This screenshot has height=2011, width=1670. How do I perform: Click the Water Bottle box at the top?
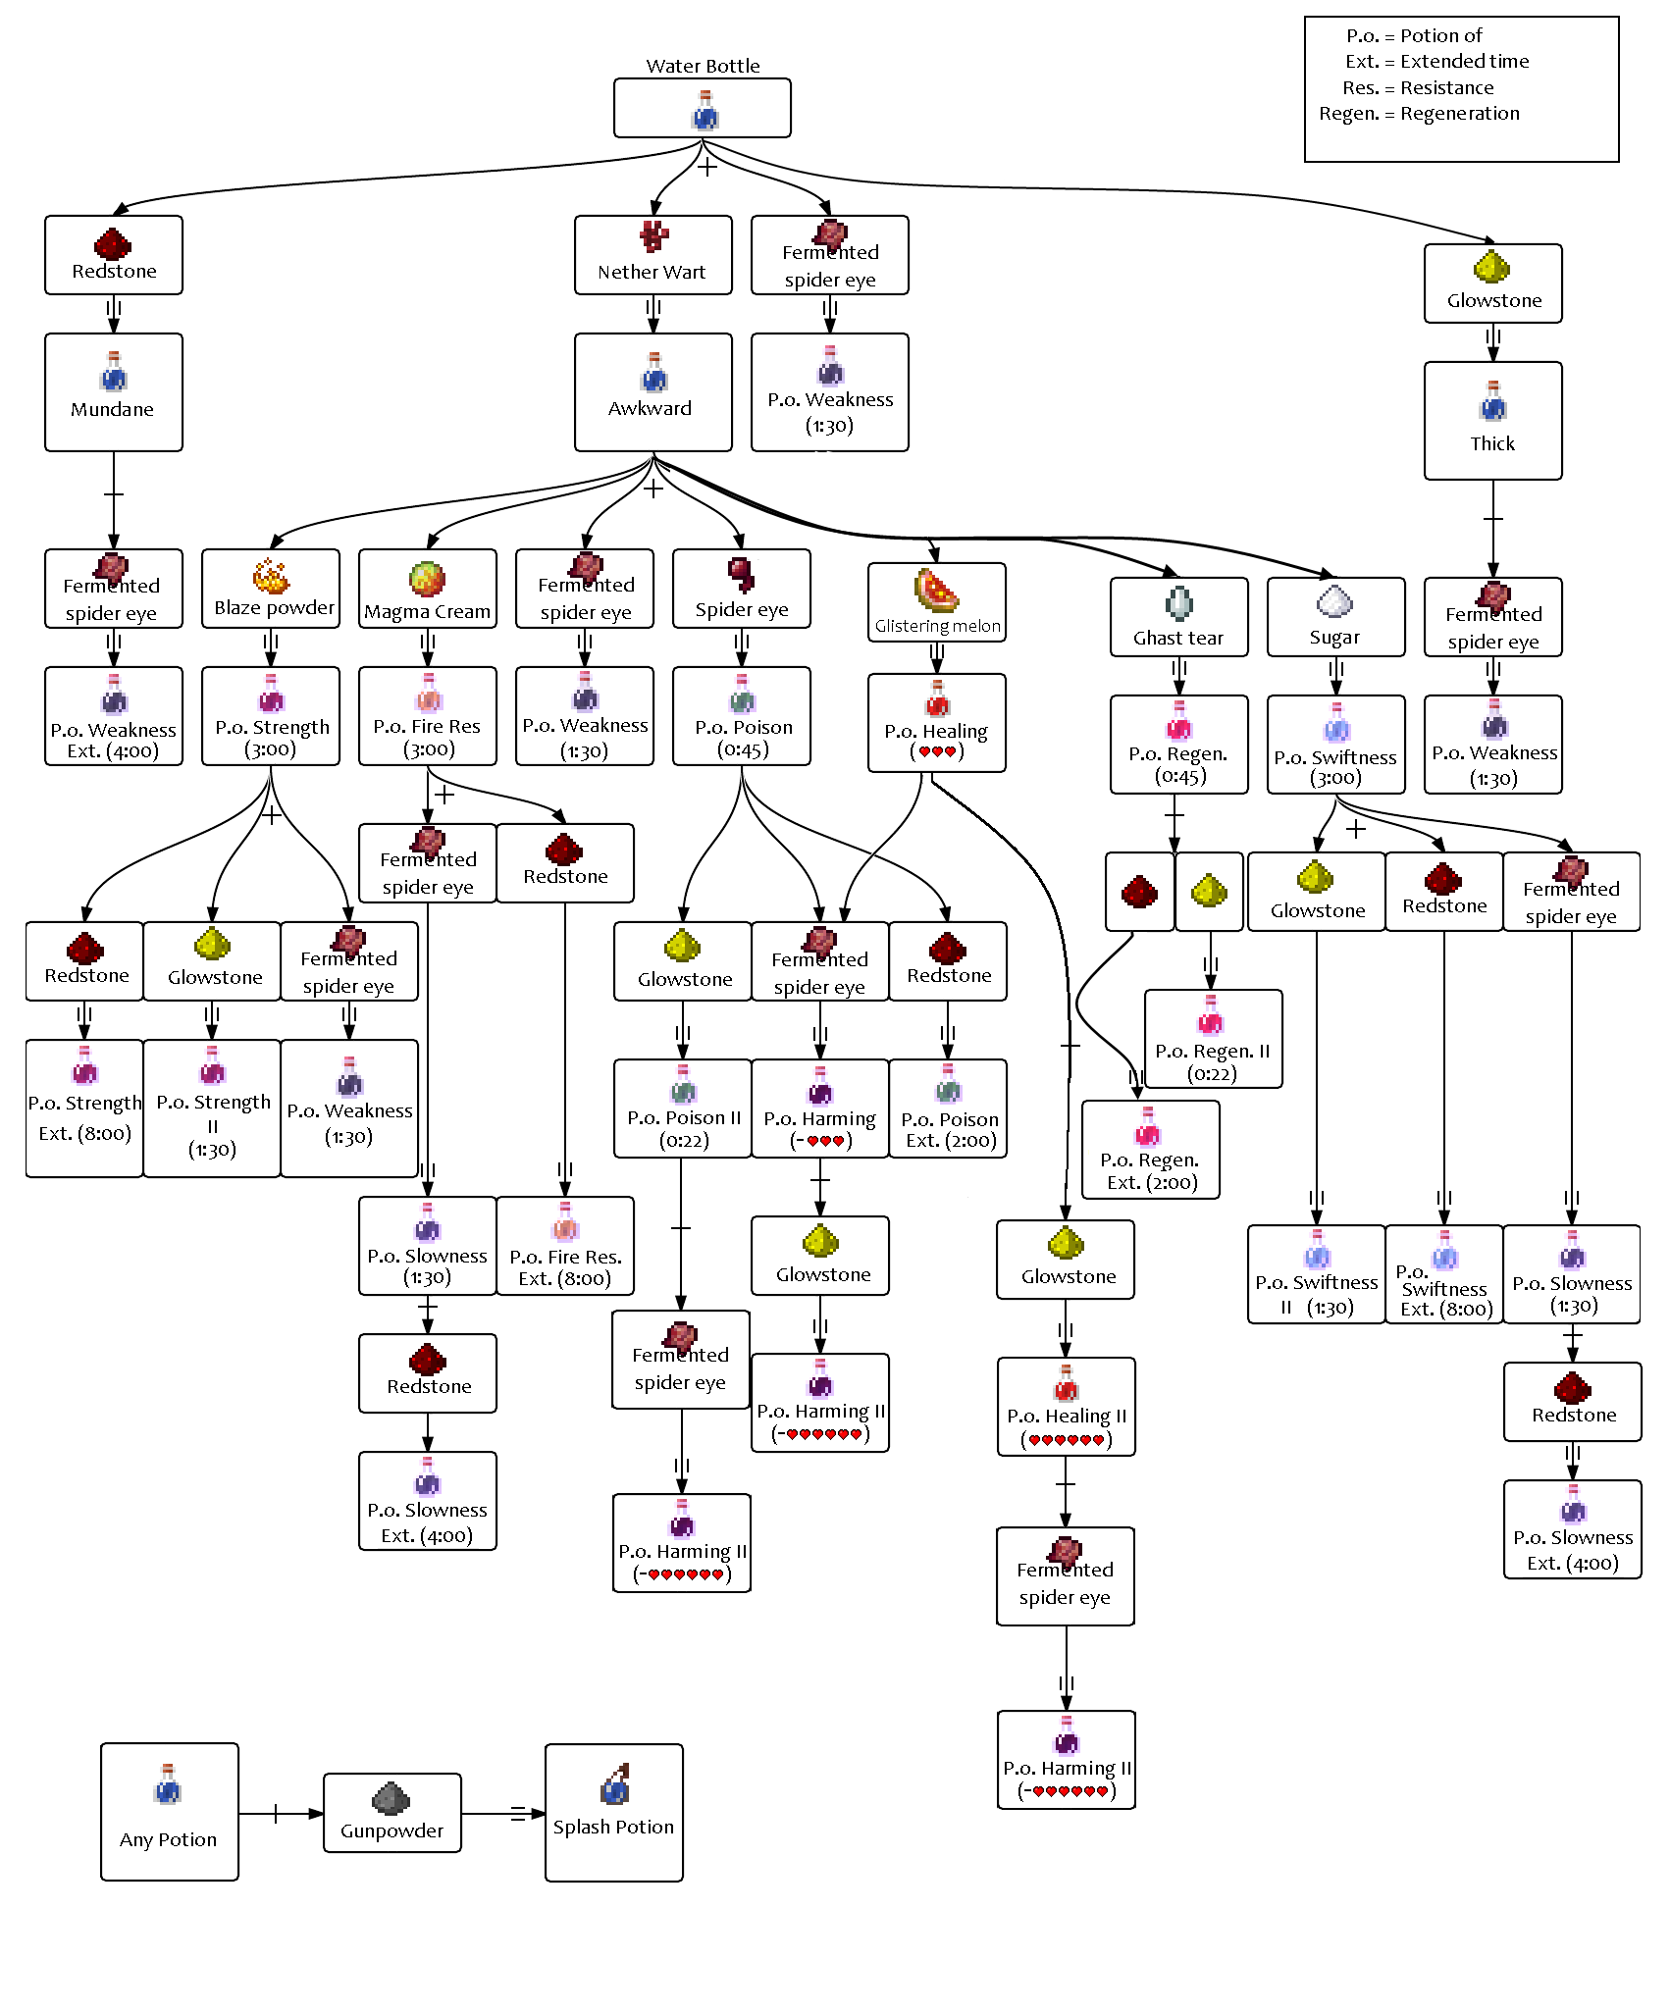(x=703, y=108)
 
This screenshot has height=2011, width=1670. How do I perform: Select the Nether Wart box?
(x=653, y=255)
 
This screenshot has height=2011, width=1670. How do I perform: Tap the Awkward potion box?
(x=653, y=392)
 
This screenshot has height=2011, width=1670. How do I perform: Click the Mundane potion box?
(x=114, y=392)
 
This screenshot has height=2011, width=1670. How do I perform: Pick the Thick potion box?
(x=1493, y=421)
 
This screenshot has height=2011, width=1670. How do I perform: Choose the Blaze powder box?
(x=271, y=589)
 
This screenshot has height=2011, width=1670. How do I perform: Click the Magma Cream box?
(x=428, y=589)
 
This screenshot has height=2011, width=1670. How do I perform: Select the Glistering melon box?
(x=937, y=602)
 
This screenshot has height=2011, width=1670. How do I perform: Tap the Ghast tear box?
(x=1179, y=617)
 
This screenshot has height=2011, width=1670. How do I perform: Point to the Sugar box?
(x=1336, y=617)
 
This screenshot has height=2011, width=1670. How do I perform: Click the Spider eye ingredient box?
(x=742, y=589)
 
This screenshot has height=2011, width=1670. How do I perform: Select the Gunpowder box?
(x=392, y=1813)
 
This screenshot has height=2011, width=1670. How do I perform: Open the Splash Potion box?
(x=614, y=1813)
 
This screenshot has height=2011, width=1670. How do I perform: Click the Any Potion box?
(x=170, y=1812)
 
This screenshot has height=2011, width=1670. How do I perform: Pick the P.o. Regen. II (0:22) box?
(x=1214, y=1039)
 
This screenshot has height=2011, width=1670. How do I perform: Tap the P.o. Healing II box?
(x=1067, y=1407)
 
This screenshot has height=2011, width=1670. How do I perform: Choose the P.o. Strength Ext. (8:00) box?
(x=84, y=1109)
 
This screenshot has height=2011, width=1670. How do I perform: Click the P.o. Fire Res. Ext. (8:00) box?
(x=565, y=1246)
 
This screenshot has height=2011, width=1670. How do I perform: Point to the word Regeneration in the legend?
(x=1460, y=114)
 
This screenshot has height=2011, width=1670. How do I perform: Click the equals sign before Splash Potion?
(x=519, y=1814)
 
